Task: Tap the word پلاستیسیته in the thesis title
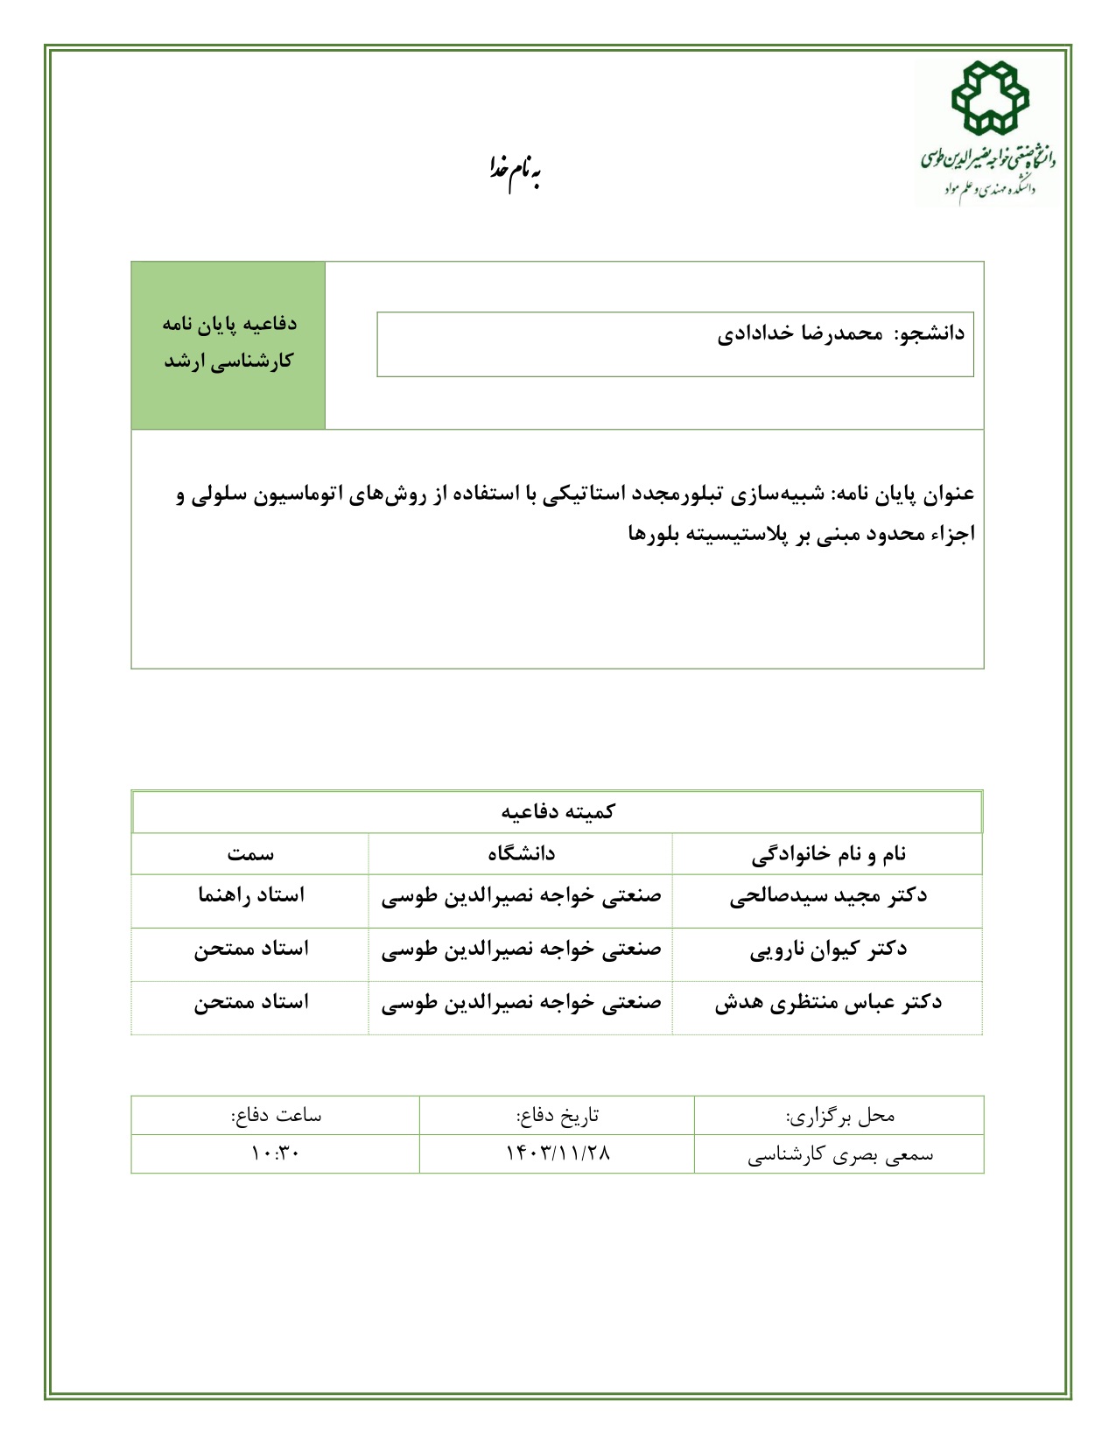tap(747, 534)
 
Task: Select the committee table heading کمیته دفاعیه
tap(558, 812)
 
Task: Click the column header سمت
tap(250, 854)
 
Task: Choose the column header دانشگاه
tap(521, 854)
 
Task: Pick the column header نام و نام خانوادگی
tap(828, 854)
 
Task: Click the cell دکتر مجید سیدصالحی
tap(828, 896)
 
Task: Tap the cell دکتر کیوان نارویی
tap(828, 950)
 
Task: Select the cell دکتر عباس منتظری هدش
tap(828, 1003)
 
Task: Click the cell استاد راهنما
tap(251, 896)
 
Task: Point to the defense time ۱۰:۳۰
tap(275, 1153)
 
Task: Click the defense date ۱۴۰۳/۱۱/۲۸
tap(558, 1153)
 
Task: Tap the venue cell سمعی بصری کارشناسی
tap(840, 1155)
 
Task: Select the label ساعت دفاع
tap(276, 1116)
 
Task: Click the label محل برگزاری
tap(840, 1116)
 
